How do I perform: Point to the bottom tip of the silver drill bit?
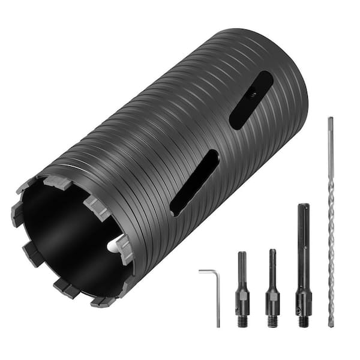331,324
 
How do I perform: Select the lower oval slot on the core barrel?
193,182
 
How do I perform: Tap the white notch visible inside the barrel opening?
113,245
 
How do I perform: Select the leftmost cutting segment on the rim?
16,212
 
